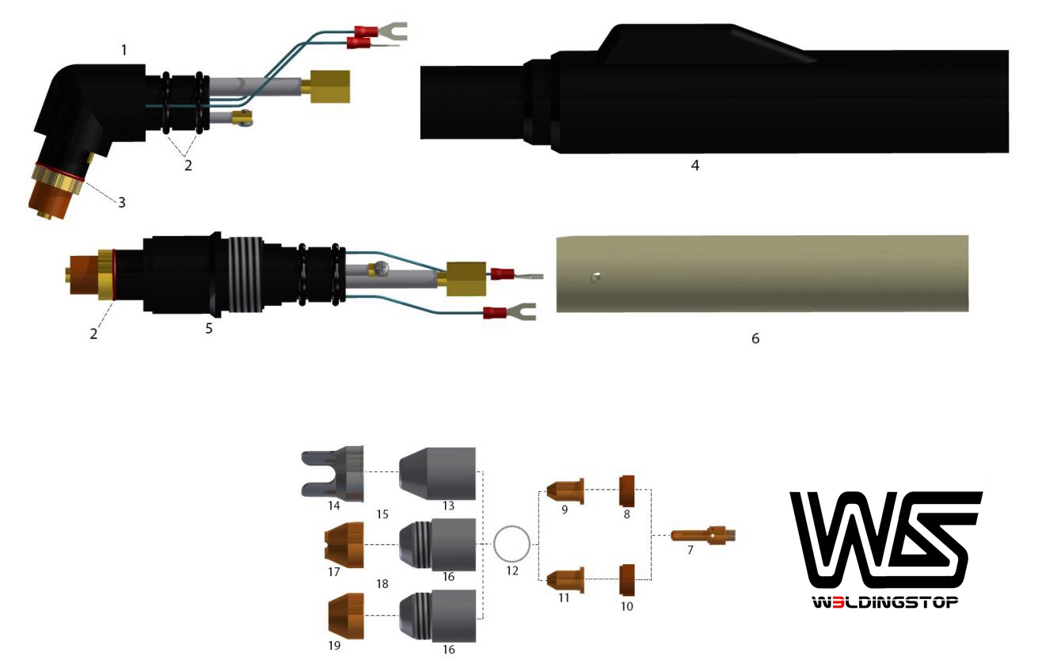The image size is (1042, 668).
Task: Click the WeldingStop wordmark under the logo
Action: pos(885,602)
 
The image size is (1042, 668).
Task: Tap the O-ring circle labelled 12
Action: pos(494,544)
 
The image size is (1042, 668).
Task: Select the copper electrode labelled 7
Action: pos(703,535)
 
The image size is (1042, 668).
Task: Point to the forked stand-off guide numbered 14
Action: pos(333,473)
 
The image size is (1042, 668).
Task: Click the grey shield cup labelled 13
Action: pos(437,473)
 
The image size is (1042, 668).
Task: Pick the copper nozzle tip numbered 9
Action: pos(565,491)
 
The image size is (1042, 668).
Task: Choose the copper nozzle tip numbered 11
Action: pos(565,580)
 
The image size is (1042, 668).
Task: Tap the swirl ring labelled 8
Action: pos(627,491)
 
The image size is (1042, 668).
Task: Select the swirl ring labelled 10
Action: pos(627,580)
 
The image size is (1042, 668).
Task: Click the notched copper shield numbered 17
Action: pos(344,544)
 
